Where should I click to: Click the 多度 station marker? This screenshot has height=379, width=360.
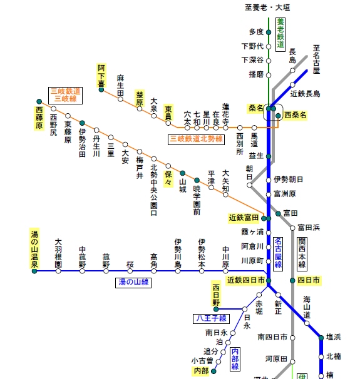[x=269, y=32]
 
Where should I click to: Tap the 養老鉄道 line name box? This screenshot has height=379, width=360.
[x=280, y=34]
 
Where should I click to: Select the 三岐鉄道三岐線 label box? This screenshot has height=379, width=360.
[x=65, y=96]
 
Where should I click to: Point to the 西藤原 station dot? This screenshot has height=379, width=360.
[x=39, y=101]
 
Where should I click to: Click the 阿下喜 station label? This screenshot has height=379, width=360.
[x=101, y=75]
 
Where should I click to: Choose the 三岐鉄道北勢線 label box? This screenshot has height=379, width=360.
[x=196, y=139]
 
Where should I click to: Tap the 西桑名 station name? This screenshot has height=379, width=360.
[x=295, y=115]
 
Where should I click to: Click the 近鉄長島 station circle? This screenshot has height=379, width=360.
[x=292, y=85]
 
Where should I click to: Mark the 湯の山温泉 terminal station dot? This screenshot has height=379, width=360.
[x=34, y=271]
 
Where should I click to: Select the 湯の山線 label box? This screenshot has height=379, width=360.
[x=133, y=283]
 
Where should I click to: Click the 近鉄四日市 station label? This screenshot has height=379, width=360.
[x=246, y=280]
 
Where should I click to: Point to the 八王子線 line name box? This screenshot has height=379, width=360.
[x=211, y=318]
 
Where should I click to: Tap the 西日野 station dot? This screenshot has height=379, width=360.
[x=216, y=309]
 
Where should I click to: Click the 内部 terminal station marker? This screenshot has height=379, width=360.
[x=213, y=371]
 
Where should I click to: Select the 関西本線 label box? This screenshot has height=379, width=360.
[x=302, y=254]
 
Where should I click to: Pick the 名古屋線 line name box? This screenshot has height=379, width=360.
[x=278, y=254]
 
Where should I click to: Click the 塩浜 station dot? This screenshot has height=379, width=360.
[x=321, y=338]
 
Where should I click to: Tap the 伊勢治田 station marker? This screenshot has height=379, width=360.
[x=82, y=123]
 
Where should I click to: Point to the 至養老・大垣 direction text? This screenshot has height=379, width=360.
[x=267, y=8]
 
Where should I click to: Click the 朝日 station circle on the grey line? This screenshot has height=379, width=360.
[x=249, y=185]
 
